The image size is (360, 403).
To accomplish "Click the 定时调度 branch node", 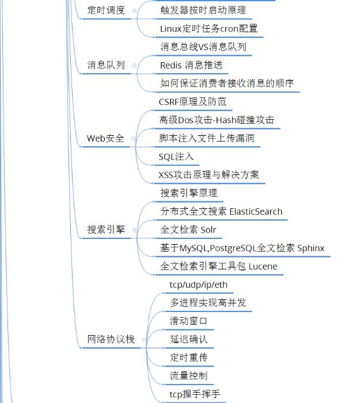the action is [106, 10].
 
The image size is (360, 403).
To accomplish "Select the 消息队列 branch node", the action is [106, 65].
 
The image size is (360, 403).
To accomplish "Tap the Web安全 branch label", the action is [105, 138].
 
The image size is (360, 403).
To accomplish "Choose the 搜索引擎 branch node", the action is [106, 230].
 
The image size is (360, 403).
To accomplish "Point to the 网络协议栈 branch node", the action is [111, 339].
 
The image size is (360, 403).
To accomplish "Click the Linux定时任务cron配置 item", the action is [209, 28].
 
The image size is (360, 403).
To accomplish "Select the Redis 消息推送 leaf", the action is [191, 65].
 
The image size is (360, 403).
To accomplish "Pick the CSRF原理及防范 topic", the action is [192, 102].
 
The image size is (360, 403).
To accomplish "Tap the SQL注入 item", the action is [176, 157].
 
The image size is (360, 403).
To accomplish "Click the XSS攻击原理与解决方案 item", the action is [209, 174].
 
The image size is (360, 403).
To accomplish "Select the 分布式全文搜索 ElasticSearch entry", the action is [221, 211].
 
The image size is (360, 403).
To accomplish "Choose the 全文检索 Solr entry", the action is [188, 230].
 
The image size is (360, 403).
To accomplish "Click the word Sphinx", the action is [310, 248].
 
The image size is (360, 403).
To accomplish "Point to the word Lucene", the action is [263, 266].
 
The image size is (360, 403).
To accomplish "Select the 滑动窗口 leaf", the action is [188, 321].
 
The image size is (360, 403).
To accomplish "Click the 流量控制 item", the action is [188, 375].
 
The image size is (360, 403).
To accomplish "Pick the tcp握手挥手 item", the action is [194, 394].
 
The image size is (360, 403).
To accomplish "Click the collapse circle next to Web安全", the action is [134, 138].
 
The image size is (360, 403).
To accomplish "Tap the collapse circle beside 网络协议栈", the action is [143, 340].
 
